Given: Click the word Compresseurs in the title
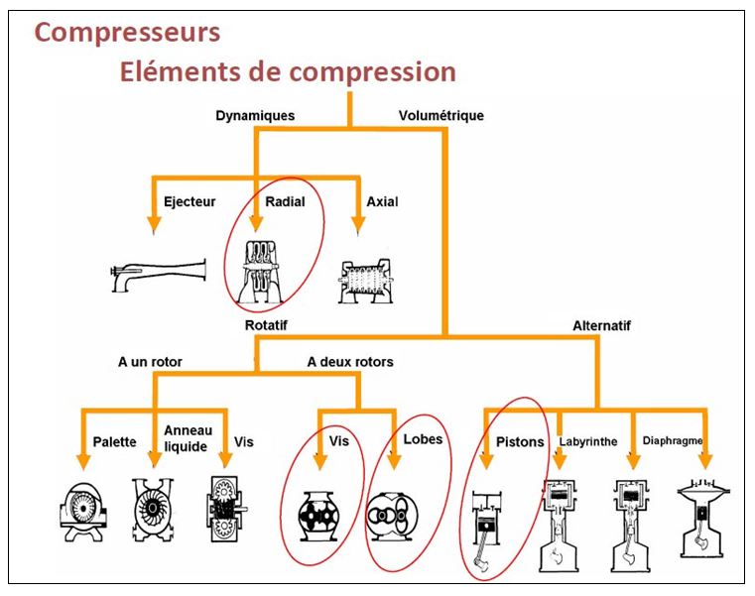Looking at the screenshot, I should [127, 32].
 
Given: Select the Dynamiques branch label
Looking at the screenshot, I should [255, 116].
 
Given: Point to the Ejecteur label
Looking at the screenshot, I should [189, 201].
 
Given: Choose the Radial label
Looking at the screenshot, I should [285, 201].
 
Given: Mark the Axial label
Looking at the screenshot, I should [382, 201].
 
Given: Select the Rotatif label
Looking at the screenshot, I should [267, 324].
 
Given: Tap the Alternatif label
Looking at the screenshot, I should [601, 324].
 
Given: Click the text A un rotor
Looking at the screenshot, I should [150, 362].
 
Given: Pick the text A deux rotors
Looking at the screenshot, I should [349, 362].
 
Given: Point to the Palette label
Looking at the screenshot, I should [115, 442].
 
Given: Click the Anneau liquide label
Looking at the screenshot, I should [186, 439].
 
